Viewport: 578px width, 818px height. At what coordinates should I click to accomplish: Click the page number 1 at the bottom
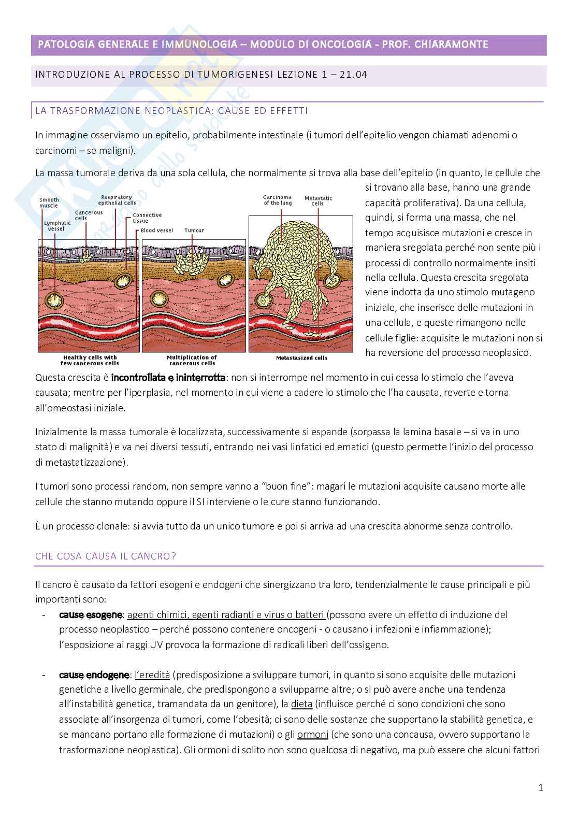tap(541, 788)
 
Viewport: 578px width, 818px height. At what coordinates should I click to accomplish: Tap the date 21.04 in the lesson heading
tap(353, 75)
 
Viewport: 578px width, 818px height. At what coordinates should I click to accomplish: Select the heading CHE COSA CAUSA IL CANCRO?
tap(106, 556)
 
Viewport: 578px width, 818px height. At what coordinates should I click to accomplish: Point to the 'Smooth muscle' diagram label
tap(49, 203)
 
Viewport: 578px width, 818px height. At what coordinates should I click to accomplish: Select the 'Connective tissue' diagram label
tap(147, 218)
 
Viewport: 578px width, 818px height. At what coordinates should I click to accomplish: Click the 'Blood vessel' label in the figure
tap(155, 231)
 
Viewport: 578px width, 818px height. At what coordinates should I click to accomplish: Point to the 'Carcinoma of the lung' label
tap(277, 200)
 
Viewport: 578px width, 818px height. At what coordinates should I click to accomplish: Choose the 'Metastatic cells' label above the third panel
tap(318, 201)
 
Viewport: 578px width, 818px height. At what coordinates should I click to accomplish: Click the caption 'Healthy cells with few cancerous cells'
tap(90, 360)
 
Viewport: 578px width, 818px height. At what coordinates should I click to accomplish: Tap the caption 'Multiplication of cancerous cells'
tap(192, 360)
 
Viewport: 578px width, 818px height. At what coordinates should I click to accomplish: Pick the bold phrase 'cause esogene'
tap(91, 615)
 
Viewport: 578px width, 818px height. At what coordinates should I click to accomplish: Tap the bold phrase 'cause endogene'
tap(94, 675)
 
